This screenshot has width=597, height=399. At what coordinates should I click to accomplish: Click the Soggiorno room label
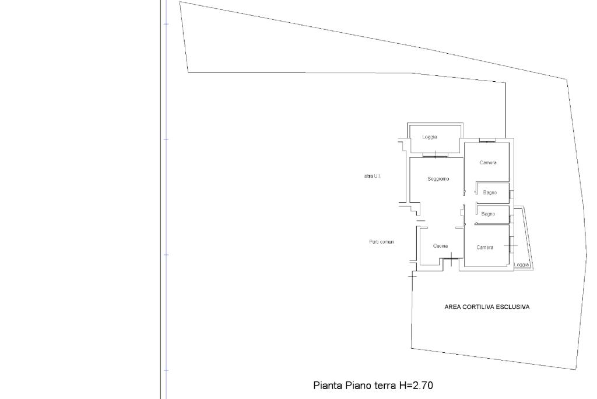[x=438, y=179]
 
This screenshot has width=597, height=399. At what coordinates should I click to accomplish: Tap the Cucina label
[x=441, y=246]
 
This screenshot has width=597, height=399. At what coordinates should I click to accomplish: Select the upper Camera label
[x=488, y=162]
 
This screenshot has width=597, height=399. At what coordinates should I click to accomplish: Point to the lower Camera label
[x=484, y=247]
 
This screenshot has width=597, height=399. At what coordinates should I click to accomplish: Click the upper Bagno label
[x=490, y=193]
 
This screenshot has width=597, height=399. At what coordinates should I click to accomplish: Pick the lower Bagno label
[x=488, y=214]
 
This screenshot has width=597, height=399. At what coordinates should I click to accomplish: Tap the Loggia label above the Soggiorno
[x=430, y=137]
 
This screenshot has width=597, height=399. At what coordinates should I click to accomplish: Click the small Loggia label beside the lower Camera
[x=522, y=265]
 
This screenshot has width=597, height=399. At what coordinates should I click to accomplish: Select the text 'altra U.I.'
[x=373, y=176]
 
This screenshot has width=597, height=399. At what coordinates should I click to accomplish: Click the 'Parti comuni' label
[x=382, y=242]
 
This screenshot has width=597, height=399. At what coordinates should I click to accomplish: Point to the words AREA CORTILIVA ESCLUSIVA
[x=487, y=307]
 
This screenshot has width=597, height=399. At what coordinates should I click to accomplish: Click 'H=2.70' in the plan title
[x=416, y=385]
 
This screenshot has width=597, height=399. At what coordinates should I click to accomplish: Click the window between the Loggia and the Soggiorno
[x=435, y=155]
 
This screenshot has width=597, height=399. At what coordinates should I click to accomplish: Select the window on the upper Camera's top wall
[x=487, y=141]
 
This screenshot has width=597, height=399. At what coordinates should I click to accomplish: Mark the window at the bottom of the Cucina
[x=451, y=259]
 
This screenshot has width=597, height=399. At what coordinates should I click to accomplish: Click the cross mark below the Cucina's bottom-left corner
[x=413, y=275]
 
